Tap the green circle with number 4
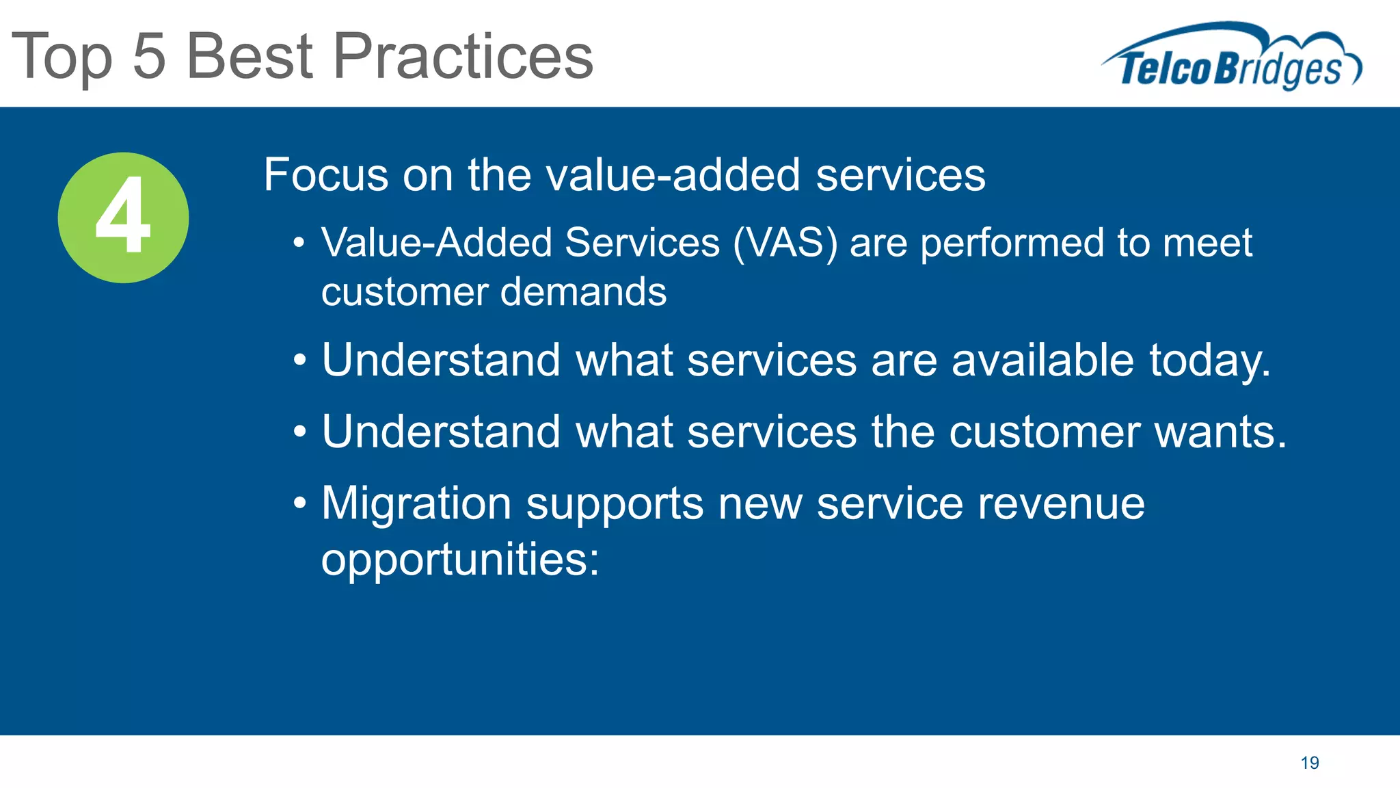[123, 218]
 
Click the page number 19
[1310, 763]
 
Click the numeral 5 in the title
[149, 56]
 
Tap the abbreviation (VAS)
[785, 243]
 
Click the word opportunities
[459, 560]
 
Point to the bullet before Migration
[299, 504]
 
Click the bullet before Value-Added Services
[299, 244]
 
